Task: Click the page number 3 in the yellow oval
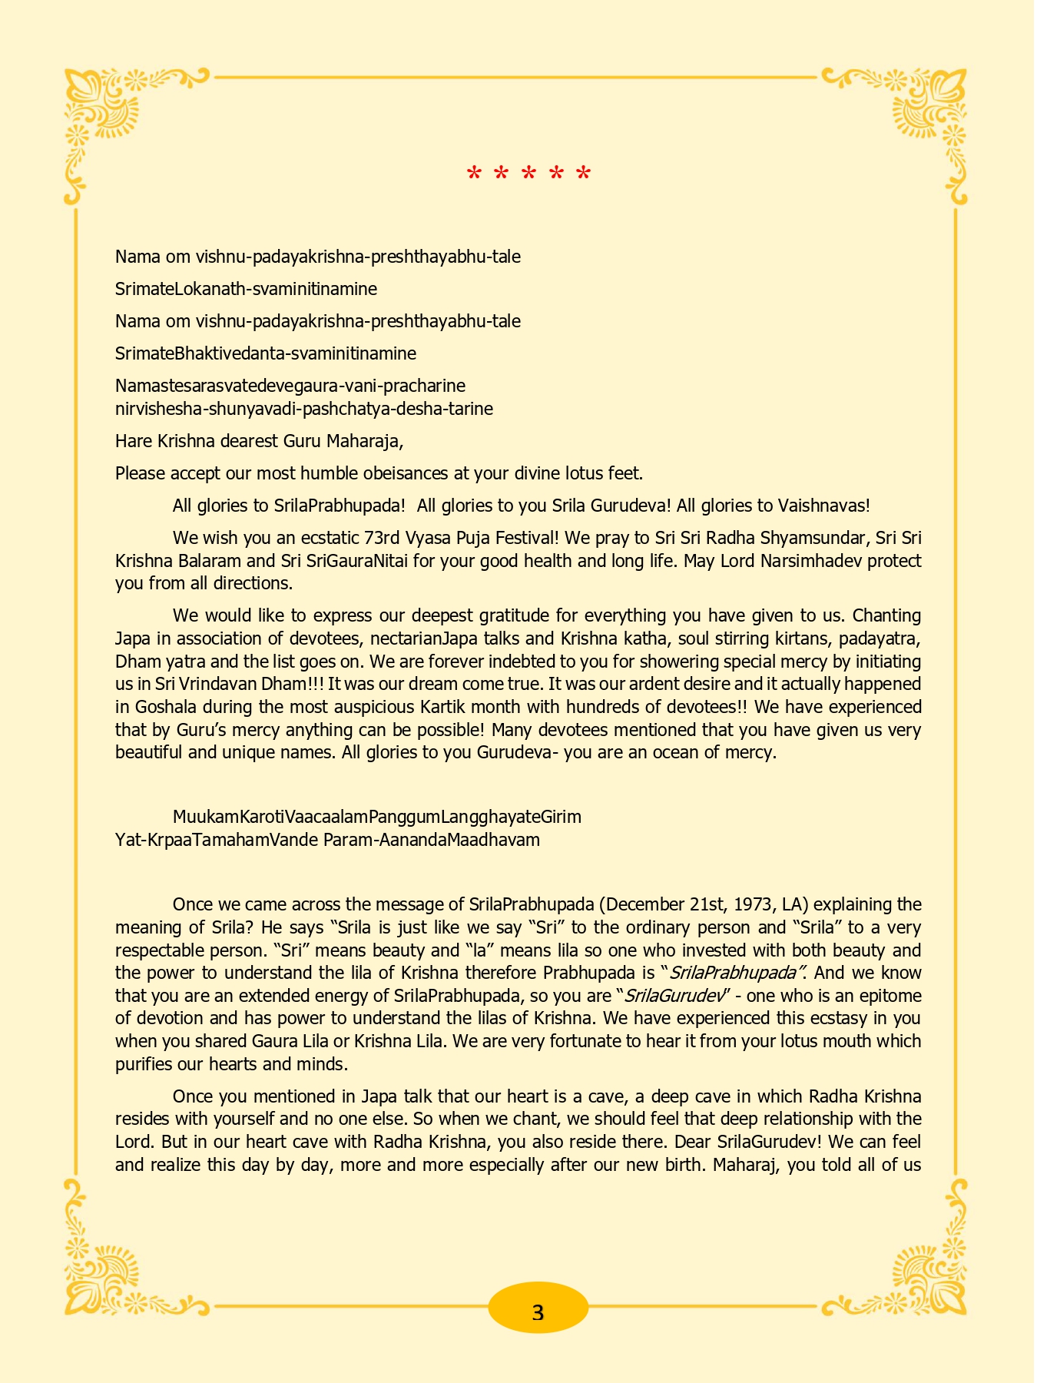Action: point(538,1312)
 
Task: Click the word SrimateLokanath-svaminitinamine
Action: point(246,289)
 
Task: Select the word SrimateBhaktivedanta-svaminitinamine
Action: point(266,353)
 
